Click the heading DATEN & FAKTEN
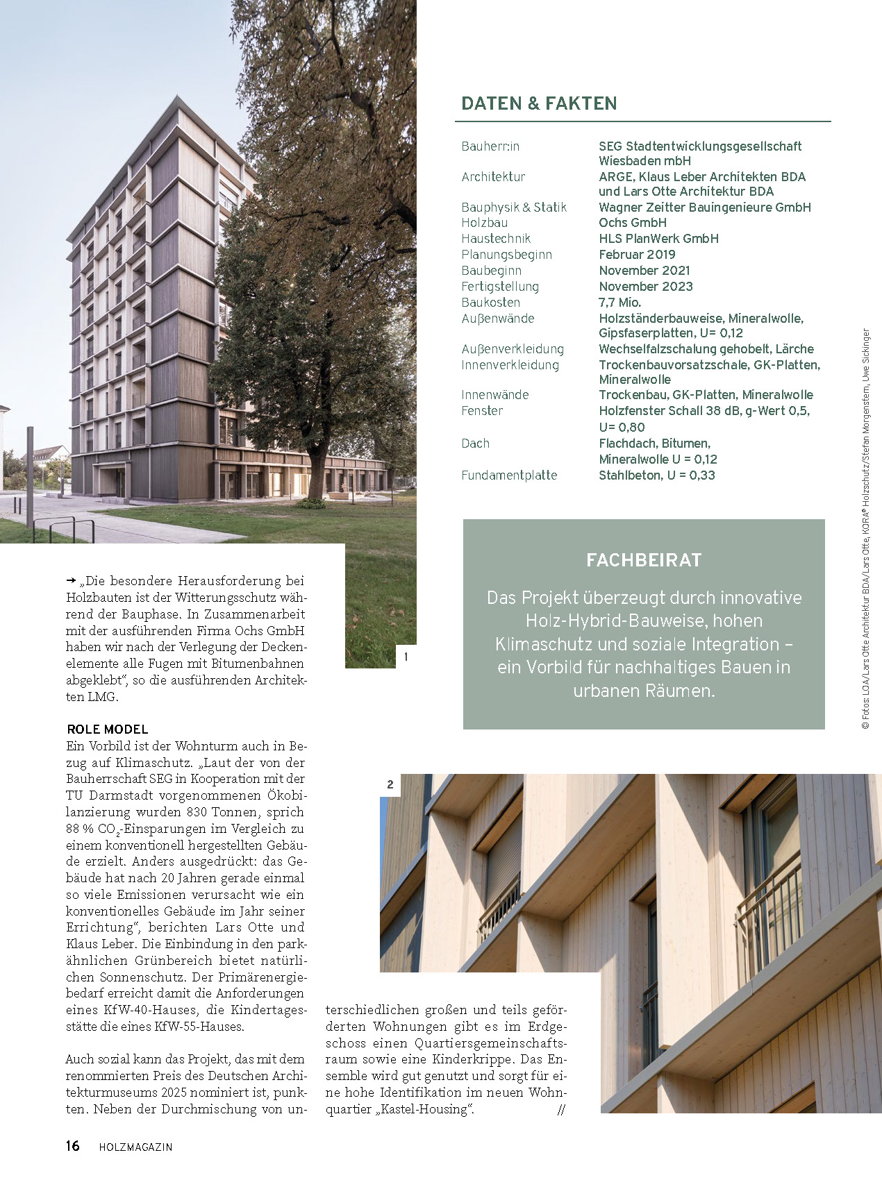[539, 103]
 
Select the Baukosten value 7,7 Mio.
[619, 303]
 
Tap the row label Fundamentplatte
[509, 475]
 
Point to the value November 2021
[644, 271]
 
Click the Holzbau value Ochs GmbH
[633, 223]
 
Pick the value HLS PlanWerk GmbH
[658, 239]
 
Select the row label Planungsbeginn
[506, 255]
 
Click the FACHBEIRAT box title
[644, 560]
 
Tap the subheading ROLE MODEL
[108, 730]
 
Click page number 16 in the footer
[73, 1146]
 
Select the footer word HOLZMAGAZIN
[135, 1147]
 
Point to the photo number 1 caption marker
[406, 657]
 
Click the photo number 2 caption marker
[390, 784]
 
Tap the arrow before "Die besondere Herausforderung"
[71, 580]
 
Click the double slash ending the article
[561, 1109]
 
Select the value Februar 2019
[637, 255]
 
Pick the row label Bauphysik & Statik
[514, 208]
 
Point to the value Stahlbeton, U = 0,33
[657, 475]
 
